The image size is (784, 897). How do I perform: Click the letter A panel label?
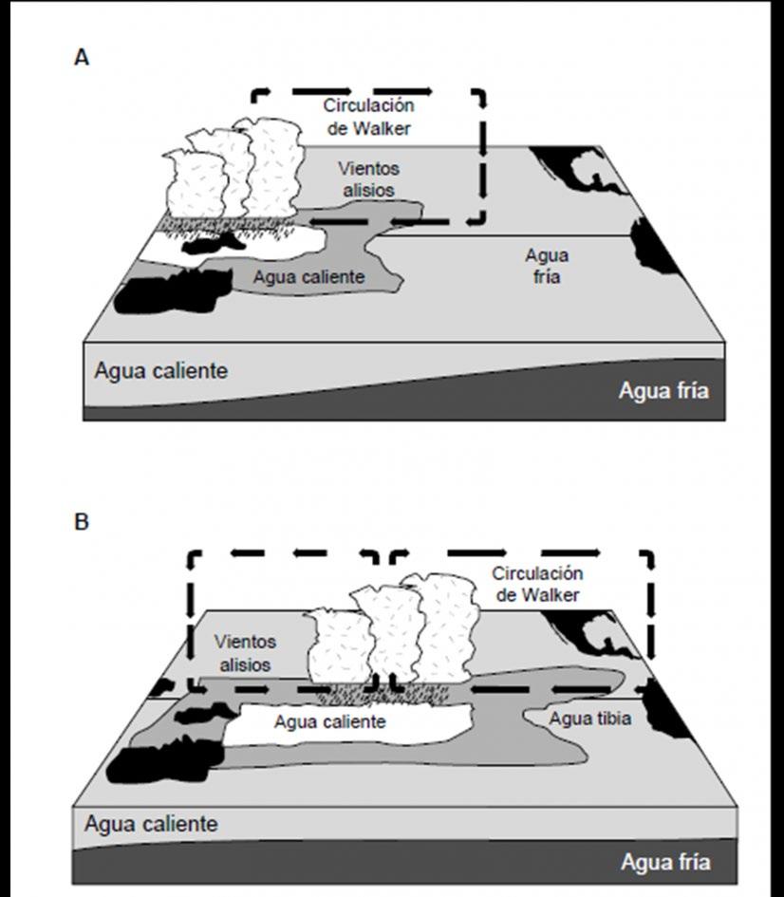pyautogui.click(x=82, y=58)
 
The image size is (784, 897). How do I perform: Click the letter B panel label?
pyautogui.click(x=82, y=522)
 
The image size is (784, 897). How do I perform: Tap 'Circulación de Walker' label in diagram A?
pyautogui.click(x=368, y=117)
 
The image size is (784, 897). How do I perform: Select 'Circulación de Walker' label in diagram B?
pyautogui.click(x=537, y=584)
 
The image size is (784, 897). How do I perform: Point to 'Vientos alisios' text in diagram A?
pyautogui.click(x=368, y=178)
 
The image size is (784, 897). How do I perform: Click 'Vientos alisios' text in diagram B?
pyautogui.click(x=245, y=653)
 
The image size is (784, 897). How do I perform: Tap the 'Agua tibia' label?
pyautogui.click(x=590, y=719)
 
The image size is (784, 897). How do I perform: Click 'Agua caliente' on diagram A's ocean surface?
pyautogui.click(x=309, y=278)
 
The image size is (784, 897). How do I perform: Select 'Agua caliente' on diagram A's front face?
pyautogui.click(x=160, y=370)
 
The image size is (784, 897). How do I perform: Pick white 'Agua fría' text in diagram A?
pyautogui.click(x=663, y=390)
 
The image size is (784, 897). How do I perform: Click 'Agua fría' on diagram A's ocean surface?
pyautogui.click(x=547, y=266)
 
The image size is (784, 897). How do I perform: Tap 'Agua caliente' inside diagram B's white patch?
pyautogui.click(x=330, y=721)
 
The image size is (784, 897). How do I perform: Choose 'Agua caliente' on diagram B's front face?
pyautogui.click(x=150, y=823)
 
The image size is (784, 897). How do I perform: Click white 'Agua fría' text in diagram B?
pyautogui.click(x=664, y=863)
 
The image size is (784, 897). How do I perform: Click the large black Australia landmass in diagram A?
pyautogui.click(x=171, y=290)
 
